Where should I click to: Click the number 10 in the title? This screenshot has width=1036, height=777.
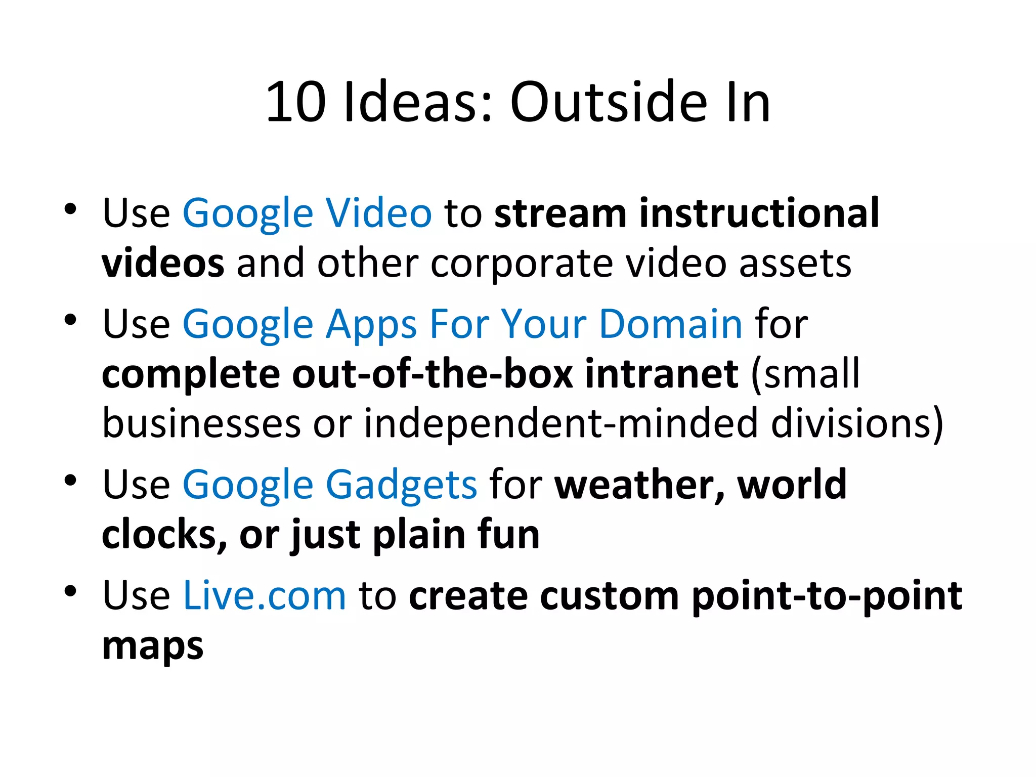[x=296, y=103]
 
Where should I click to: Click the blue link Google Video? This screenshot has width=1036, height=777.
[x=307, y=213]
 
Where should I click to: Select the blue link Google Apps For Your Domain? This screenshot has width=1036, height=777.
[x=462, y=324]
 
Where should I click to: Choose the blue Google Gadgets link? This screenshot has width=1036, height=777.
[x=329, y=485]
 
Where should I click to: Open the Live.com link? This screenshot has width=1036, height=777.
[x=264, y=595]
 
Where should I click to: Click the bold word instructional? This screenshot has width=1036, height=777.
[x=759, y=213]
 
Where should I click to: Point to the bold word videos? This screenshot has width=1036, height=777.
[x=163, y=263]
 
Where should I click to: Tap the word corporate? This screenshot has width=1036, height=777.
[x=522, y=263]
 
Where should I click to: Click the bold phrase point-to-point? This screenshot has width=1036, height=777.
[x=827, y=595]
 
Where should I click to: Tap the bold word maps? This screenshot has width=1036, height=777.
[x=153, y=646]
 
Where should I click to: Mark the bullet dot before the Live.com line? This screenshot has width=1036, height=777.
[x=70, y=591]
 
